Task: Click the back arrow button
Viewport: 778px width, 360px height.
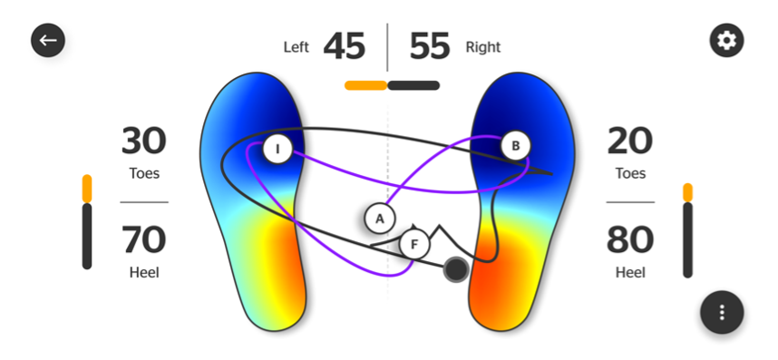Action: click(48, 40)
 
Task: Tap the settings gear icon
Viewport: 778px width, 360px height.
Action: click(727, 40)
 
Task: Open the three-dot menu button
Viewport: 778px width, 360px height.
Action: click(722, 312)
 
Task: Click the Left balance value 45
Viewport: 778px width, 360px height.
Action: click(345, 46)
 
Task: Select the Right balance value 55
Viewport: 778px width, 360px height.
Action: click(430, 46)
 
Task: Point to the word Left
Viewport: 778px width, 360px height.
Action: click(297, 47)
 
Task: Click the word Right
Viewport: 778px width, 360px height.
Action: click(482, 47)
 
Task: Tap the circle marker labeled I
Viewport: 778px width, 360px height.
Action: click(277, 149)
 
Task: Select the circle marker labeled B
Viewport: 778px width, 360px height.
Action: click(515, 145)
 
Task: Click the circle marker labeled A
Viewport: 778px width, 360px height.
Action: click(380, 218)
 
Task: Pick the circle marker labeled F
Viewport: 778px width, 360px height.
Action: click(414, 244)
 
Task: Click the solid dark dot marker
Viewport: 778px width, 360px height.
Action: click(455, 268)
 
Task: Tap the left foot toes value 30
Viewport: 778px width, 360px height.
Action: click(144, 141)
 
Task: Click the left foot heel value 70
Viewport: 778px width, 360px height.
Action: click(144, 239)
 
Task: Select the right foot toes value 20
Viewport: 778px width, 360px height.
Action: click(630, 141)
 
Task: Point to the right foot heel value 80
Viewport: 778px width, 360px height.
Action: click(630, 239)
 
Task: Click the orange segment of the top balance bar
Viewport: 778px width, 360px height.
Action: click(365, 85)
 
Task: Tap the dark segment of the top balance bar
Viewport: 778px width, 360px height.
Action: click(413, 85)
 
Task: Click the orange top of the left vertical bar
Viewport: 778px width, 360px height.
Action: click(87, 188)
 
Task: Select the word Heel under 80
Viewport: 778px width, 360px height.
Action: click(631, 272)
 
